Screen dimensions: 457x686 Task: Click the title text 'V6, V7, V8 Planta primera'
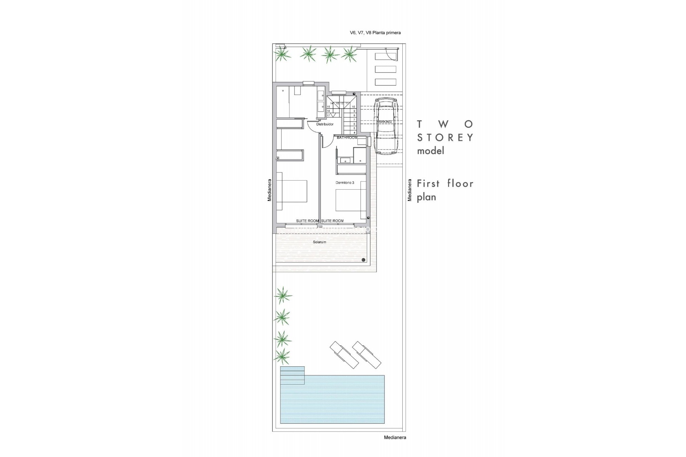375,32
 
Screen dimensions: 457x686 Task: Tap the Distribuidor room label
325,124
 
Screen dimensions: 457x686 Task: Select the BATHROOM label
347,137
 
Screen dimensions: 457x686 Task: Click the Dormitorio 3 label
345,182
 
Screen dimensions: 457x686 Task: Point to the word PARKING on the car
384,122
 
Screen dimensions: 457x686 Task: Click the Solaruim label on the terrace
319,242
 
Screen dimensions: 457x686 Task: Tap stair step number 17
328,115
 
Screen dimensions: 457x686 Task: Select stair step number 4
354,132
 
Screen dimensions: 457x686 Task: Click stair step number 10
354,107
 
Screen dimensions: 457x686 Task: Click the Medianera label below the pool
395,437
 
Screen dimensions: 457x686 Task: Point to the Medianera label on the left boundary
269,190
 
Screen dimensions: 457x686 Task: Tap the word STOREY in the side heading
445,138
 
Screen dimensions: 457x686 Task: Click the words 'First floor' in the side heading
445,184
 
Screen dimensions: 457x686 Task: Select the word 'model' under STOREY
431,151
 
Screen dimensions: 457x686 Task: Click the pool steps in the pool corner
292,375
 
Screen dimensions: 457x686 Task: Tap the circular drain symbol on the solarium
363,260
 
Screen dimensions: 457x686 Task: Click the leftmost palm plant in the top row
282,55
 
